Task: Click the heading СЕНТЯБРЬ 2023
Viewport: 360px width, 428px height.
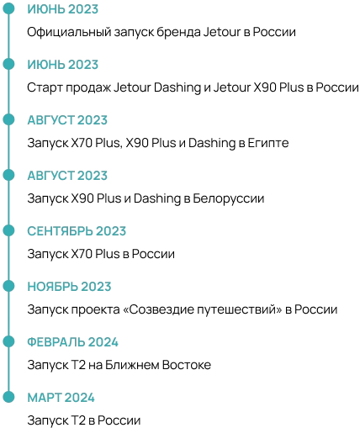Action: pyautogui.click(x=77, y=231)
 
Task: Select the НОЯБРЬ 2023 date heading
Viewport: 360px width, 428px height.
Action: pyautogui.click(x=69, y=287)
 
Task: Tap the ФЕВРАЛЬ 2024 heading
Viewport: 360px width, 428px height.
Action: pyautogui.click(x=72, y=342)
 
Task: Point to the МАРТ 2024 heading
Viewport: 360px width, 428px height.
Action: pyautogui.click(x=61, y=398)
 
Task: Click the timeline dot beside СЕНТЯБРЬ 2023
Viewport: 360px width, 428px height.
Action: pyautogui.click(x=8, y=230)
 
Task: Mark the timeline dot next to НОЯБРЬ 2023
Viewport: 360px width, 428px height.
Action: pyautogui.click(x=8, y=286)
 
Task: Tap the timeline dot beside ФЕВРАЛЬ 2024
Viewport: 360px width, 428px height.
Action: pyautogui.click(x=8, y=341)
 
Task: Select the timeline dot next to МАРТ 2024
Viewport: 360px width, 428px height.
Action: pyautogui.click(x=8, y=397)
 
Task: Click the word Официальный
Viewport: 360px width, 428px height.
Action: pyautogui.click(x=69, y=32)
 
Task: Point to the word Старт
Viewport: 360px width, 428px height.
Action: pyautogui.click(x=45, y=87)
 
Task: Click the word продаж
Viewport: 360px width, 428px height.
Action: pyautogui.click(x=88, y=88)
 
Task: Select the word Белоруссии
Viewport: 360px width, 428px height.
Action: pyautogui.click(x=229, y=198)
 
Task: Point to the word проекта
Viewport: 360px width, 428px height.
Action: pyautogui.click(x=95, y=310)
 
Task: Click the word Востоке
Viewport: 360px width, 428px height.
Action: pyautogui.click(x=187, y=365)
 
